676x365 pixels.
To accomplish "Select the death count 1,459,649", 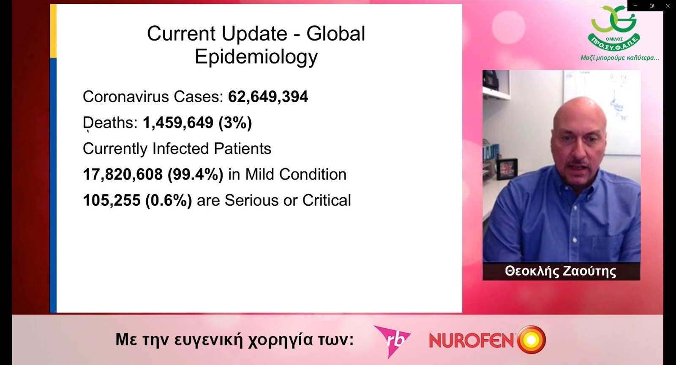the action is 178,123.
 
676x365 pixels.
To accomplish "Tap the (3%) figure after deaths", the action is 235,123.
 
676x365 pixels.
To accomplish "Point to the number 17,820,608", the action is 123,174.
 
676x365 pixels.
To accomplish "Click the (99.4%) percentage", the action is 196,174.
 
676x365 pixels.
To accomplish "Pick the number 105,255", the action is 112,201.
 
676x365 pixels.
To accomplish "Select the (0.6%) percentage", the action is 169,201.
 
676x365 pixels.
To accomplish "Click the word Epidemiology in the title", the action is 256,57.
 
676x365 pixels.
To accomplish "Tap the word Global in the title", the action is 336,33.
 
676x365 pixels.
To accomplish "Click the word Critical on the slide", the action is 327,200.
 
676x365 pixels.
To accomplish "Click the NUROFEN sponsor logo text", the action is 471,340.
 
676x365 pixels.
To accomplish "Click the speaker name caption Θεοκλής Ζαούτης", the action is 561,271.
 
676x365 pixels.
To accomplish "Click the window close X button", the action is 668,6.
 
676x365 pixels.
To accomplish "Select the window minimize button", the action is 635,6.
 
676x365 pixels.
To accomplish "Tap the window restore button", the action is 651,6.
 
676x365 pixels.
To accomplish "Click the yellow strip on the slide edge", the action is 53,31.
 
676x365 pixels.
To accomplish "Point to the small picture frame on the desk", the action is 507,169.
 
